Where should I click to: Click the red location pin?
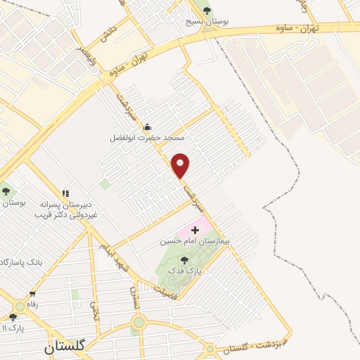point(181,165)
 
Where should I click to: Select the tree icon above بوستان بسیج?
point(206,10)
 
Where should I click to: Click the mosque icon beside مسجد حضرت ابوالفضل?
point(147,127)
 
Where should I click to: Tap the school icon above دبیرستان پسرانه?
point(66,193)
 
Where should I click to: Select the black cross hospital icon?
point(195,230)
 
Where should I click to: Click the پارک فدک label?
point(188,270)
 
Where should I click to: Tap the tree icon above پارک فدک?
point(185,259)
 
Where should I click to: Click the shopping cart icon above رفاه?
point(32,294)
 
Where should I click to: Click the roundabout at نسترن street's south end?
point(138,323)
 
